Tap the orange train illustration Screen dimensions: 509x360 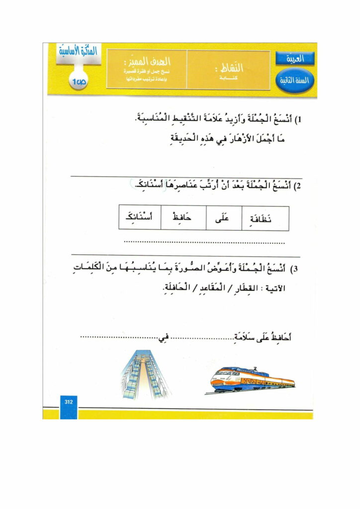(252, 380)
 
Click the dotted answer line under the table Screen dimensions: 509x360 (204, 243)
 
